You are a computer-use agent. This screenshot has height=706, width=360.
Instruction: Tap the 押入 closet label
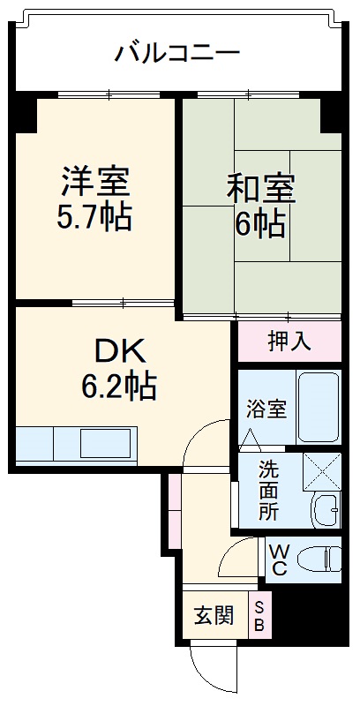click(x=289, y=342)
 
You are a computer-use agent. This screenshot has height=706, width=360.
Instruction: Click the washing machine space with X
click(x=321, y=470)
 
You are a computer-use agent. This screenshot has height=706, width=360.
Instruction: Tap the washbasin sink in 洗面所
click(x=326, y=511)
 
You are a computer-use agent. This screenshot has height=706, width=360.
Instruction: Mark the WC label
click(x=279, y=560)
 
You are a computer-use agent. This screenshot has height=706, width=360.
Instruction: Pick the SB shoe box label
click(x=260, y=615)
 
